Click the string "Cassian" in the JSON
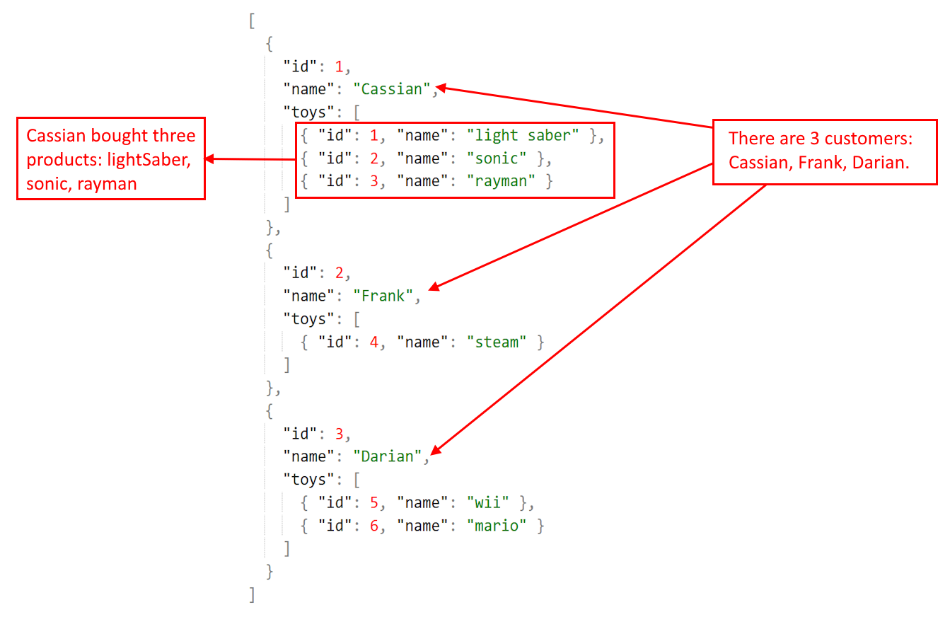tap(392, 89)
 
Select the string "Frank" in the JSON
tap(383, 296)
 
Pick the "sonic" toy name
tap(497, 158)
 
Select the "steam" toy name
tap(497, 342)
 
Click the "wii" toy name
tap(488, 503)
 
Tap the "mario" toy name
tap(497, 526)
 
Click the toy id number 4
tap(374, 342)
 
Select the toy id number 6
tap(374, 526)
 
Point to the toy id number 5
tap(374, 503)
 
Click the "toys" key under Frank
tap(308, 319)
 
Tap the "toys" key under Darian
tap(308, 480)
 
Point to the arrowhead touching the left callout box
tap(210, 159)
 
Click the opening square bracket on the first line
tap(251, 21)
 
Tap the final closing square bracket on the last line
tap(252, 594)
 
